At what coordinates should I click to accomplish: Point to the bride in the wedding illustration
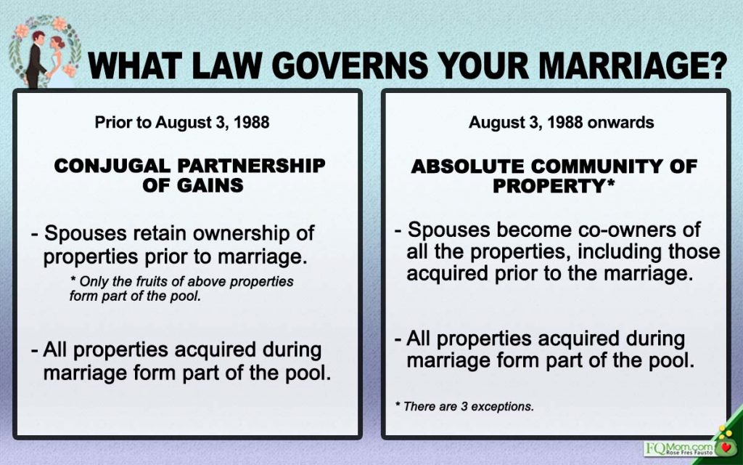[58, 61]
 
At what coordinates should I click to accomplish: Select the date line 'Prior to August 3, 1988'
[182, 122]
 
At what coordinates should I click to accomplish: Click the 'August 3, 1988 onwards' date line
[561, 122]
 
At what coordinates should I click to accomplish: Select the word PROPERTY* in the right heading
[554, 185]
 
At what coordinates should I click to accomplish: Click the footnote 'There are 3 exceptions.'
[464, 407]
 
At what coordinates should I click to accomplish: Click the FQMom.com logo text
[679, 448]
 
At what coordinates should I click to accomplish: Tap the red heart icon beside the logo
[725, 448]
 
